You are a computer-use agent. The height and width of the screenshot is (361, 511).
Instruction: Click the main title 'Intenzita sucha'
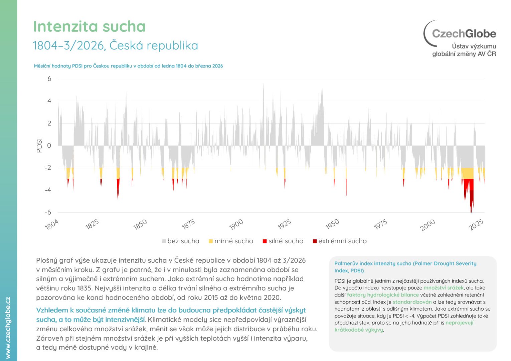point(90,26)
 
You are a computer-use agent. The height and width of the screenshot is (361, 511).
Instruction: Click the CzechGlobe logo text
point(464,33)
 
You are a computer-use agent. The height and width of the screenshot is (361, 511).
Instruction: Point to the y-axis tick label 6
point(49,79)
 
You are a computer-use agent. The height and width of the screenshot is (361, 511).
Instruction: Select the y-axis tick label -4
point(48,190)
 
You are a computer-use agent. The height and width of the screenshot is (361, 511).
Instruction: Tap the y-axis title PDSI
point(39,145)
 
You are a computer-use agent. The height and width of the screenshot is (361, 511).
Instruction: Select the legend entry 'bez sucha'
point(181,241)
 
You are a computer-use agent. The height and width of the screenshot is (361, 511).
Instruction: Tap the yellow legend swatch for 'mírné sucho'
point(211,241)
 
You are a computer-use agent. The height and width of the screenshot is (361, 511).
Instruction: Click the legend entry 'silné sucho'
point(283,241)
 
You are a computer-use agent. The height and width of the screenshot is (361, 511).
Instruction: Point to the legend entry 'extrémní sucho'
point(340,241)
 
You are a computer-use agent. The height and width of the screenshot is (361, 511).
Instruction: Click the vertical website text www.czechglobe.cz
point(8,328)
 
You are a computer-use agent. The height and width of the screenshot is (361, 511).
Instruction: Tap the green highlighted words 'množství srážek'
point(444,288)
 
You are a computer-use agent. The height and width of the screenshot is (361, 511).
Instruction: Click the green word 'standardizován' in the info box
point(412,302)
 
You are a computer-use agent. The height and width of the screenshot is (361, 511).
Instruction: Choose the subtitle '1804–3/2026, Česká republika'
point(116,45)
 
